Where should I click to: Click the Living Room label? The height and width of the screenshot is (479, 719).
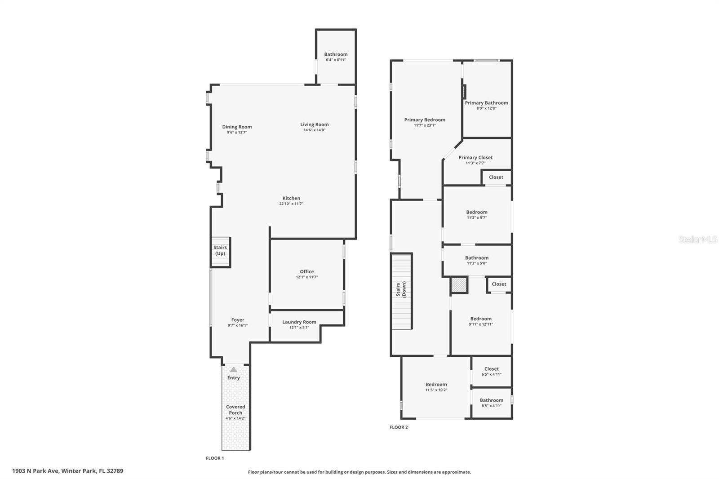pyautogui.click(x=314, y=124)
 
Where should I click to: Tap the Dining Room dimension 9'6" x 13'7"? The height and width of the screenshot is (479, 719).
pyautogui.click(x=237, y=133)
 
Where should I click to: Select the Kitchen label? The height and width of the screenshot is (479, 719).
pyautogui.click(x=291, y=198)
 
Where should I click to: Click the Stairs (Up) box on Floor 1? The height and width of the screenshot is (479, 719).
pyautogui.click(x=220, y=252)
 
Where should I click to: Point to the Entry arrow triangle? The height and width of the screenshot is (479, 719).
pyautogui.click(x=233, y=369)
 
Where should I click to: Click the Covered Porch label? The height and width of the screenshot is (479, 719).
pyautogui.click(x=235, y=410)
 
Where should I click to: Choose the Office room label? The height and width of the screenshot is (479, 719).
pyautogui.click(x=307, y=271)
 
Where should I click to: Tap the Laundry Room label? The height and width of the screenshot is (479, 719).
pyautogui.click(x=299, y=322)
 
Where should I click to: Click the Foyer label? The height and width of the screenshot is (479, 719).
pyautogui.click(x=238, y=320)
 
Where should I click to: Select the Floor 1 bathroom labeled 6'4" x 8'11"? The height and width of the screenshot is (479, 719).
pyautogui.click(x=336, y=57)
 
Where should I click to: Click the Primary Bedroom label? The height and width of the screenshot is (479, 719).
pyautogui.click(x=425, y=120)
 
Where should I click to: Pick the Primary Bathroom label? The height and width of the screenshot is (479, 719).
pyautogui.click(x=486, y=103)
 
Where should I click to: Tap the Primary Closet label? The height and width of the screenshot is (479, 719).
pyautogui.click(x=475, y=157)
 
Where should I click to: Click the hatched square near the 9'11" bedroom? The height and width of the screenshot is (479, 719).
pyautogui.click(x=459, y=285)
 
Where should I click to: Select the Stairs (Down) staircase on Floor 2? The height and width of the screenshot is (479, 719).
pyautogui.click(x=402, y=291)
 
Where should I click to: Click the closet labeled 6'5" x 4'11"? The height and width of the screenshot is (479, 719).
pyautogui.click(x=491, y=371)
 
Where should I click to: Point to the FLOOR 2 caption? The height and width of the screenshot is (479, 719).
pyautogui.click(x=399, y=427)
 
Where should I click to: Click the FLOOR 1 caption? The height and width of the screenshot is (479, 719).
pyautogui.click(x=215, y=458)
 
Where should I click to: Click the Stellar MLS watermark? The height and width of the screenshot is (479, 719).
pyautogui.click(x=697, y=240)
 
